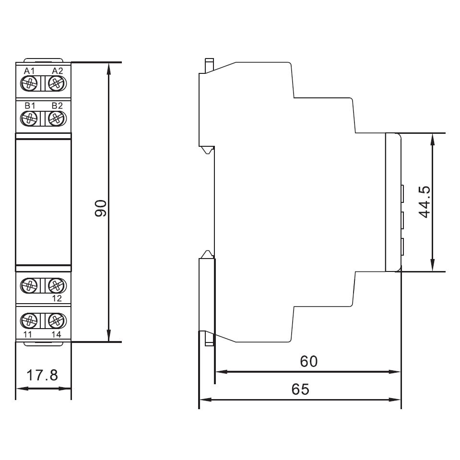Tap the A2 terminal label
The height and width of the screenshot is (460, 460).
[57, 71]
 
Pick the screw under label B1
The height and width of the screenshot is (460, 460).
[30, 118]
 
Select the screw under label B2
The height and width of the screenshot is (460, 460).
[57, 118]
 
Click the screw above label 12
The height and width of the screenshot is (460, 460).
[57, 286]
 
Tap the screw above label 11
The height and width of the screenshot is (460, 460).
[30, 320]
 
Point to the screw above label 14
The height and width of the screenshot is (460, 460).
[57, 320]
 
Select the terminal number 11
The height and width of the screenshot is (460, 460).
[28, 334]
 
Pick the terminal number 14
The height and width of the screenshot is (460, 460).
[57, 334]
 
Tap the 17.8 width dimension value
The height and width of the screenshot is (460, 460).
[42, 375]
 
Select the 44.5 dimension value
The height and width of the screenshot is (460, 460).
[424, 202]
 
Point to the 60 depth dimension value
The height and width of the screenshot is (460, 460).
[309, 361]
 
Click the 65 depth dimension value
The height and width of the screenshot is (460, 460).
[301, 389]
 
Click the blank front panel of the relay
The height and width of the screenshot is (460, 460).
[43, 201]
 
